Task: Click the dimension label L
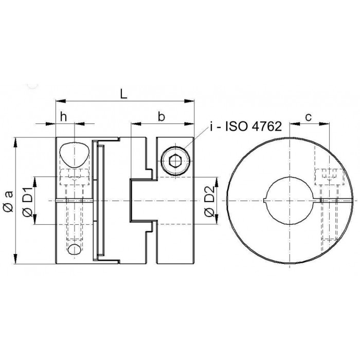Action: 123,94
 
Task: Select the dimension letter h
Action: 63,117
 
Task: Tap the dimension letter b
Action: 161,117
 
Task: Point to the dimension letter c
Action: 309,118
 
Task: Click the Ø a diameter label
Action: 9,201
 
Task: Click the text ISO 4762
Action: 254,127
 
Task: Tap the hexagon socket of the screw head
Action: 176,160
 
